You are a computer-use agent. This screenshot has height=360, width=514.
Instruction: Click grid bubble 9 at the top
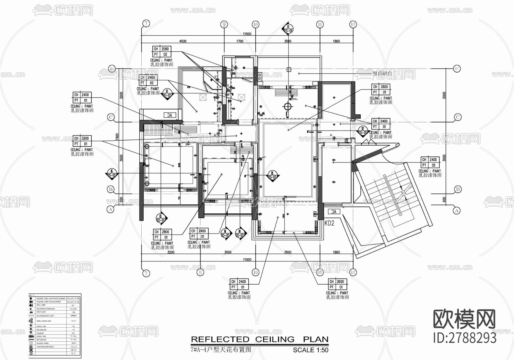click(224, 25)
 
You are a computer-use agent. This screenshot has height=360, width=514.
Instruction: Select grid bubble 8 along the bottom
click(200, 272)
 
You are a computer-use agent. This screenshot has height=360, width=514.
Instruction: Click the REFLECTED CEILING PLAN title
click(260, 339)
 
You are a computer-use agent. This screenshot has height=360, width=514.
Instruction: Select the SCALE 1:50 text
click(310, 350)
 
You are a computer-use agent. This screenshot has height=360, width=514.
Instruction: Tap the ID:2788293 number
click(465, 338)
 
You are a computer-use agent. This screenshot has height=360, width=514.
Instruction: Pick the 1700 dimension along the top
click(240, 41)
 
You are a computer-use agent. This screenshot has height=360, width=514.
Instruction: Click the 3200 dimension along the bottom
click(170, 252)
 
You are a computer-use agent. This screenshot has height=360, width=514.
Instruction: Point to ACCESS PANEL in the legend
click(43, 343)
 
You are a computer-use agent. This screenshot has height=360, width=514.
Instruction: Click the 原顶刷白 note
click(382, 74)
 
